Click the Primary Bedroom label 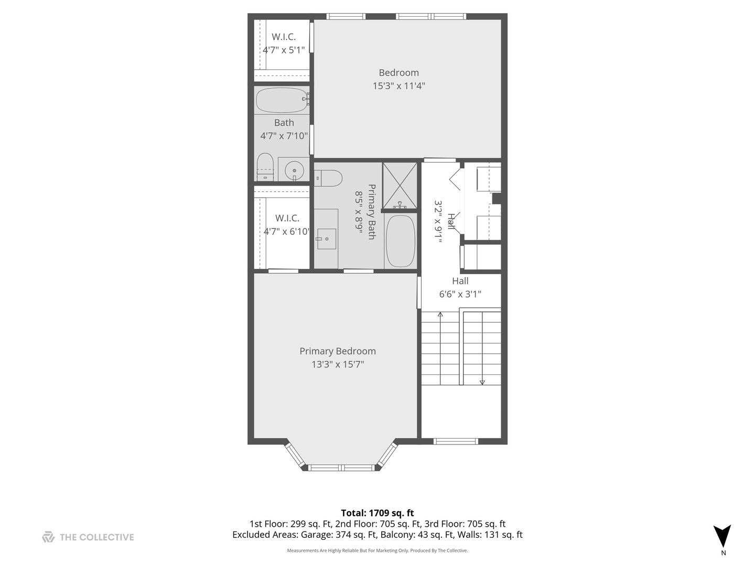(x=337, y=351)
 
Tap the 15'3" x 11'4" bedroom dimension (x=398, y=86)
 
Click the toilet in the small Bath (x=265, y=167)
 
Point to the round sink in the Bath (x=295, y=170)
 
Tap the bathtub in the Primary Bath (x=401, y=241)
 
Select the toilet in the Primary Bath (x=328, y=178)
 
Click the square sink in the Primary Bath (x=327, y=239)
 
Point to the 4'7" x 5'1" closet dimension (x=284, y=50)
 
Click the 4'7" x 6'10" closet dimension (x=287, y=231)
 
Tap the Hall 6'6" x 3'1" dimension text (x=460, y=295)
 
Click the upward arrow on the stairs (x=440, y=315)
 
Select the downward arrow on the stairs (x=482, y=382)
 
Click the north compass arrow (x=722, y=536)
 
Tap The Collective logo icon (x=48, y=537)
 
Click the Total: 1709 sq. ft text (x=377, y=513)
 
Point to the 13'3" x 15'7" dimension (x=337, y=364)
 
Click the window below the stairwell (x=456, y=441)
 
